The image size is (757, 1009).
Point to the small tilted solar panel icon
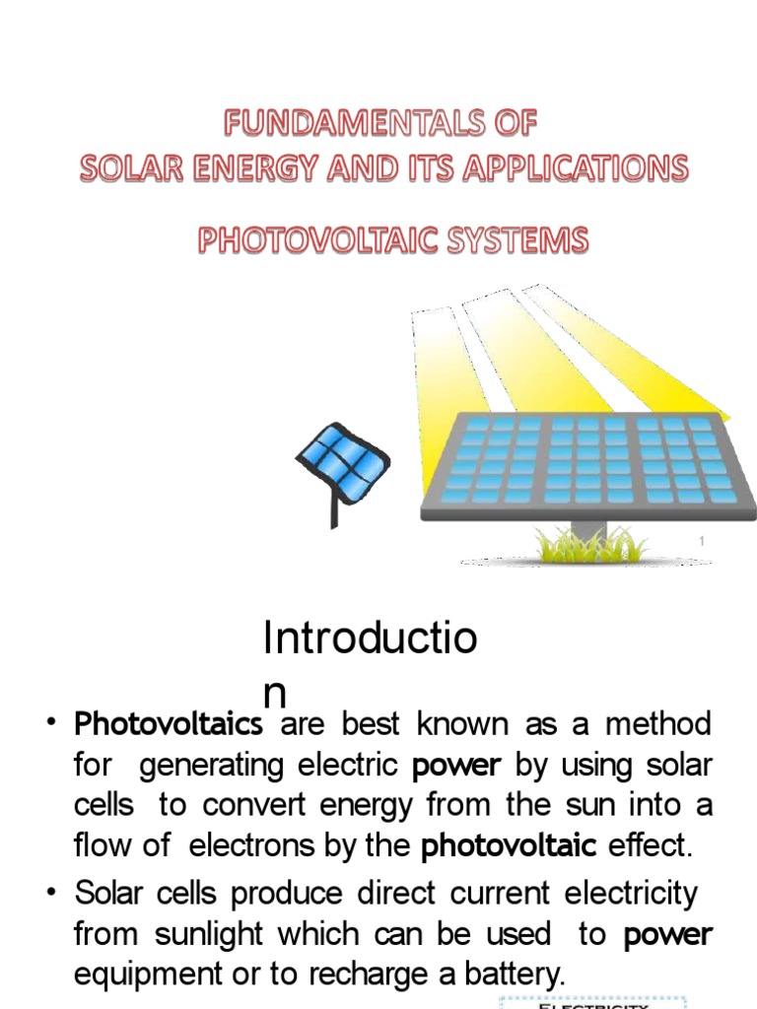click(x=344, y=461)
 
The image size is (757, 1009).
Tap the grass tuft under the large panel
click(x=588, y=543)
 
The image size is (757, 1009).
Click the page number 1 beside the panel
click(x=702, y=541)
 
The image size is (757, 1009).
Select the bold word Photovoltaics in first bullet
click(x=169, y=724)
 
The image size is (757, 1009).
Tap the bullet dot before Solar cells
click(x=51, y=893)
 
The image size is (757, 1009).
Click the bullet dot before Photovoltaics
click(x=51, y=724)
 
